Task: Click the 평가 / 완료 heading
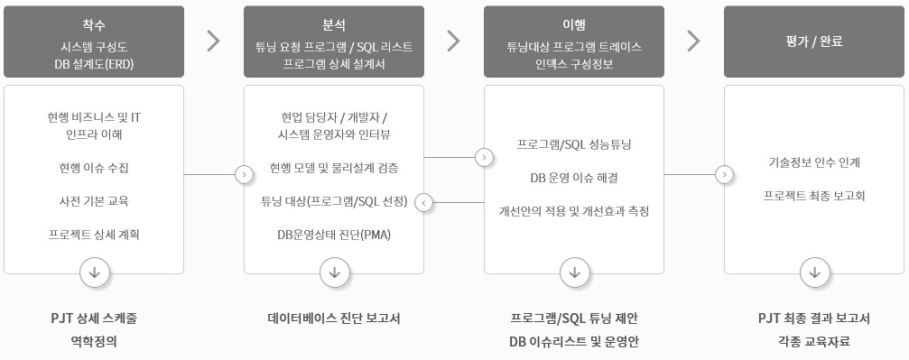tap(814, 42)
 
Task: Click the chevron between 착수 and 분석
tap(214, 41)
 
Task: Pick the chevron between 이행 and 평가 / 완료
tap(693, 41)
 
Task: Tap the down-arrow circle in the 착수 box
tap(94, 272)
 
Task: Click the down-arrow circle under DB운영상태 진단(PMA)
tap(334, 272)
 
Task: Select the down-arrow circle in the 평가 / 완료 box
tap(814, 272)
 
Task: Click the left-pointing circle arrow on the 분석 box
tap(424, 202)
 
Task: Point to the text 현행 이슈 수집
tap(94, 168)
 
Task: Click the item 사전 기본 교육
tap(94, 200)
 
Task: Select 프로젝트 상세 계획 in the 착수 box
tap(94, 234)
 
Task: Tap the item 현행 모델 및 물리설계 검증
tap(334, 168)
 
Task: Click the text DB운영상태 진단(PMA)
tap(334, 234)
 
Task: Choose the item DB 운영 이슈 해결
tap(573, 177)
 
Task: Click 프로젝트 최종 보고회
tap(814, 195)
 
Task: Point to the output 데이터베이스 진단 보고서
tap(334, 318)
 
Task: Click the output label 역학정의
tap(94, 341)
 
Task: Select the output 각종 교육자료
tap(814, 341)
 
